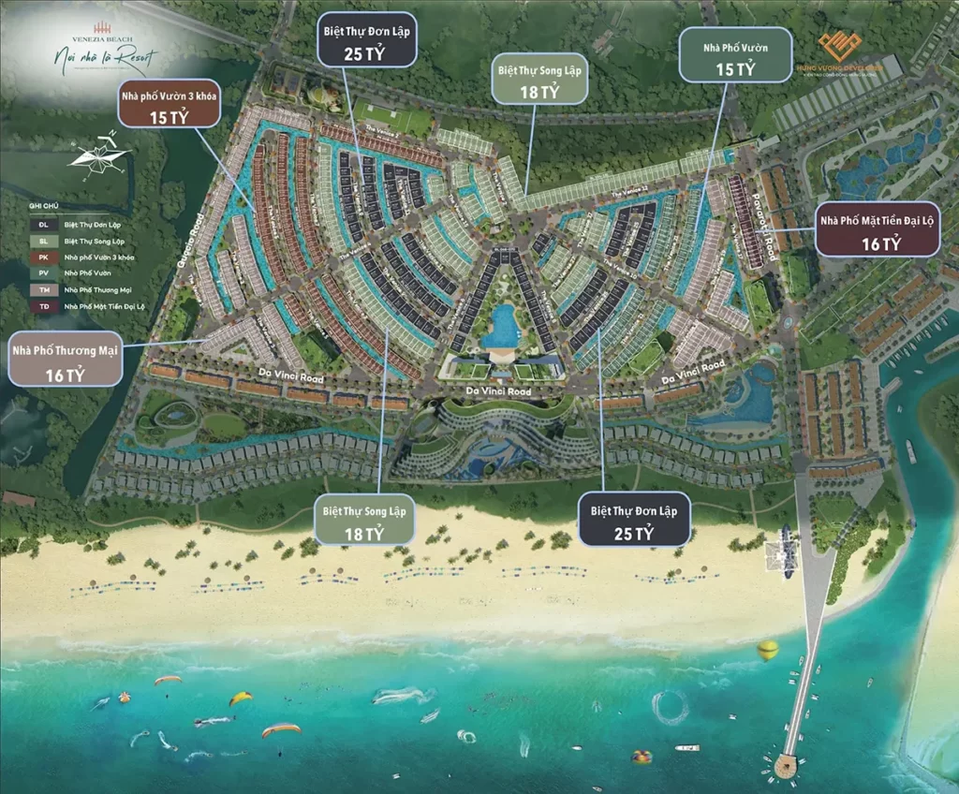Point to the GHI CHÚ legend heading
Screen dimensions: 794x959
click(43, 204)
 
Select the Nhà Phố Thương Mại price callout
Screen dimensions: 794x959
click(66, 359)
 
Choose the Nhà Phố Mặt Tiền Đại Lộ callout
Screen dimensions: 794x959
click(878, 230)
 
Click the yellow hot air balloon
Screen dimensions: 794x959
click(768, 650)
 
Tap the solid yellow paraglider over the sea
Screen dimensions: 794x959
click(242, 698)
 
